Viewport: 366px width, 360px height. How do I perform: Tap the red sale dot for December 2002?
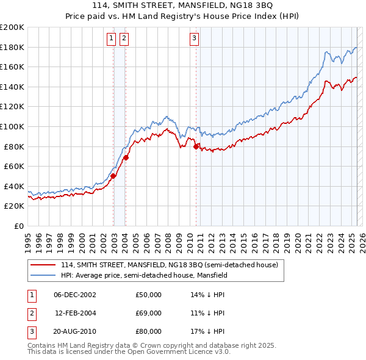(x=113, y=176)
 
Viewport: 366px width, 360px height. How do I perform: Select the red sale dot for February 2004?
(x=126, y=157)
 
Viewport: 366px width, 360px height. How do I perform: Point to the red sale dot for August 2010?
(x=196, y=146)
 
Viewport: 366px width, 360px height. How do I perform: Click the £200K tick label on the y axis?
(x=12, y=27)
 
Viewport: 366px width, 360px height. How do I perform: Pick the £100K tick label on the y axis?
(x=12, y=127)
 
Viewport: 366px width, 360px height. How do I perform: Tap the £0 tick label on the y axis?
(x=18, y=226)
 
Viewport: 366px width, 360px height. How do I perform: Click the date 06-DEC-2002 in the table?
(x=75, y=295)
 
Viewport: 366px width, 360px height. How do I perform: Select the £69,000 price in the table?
(x=149, y=313)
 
